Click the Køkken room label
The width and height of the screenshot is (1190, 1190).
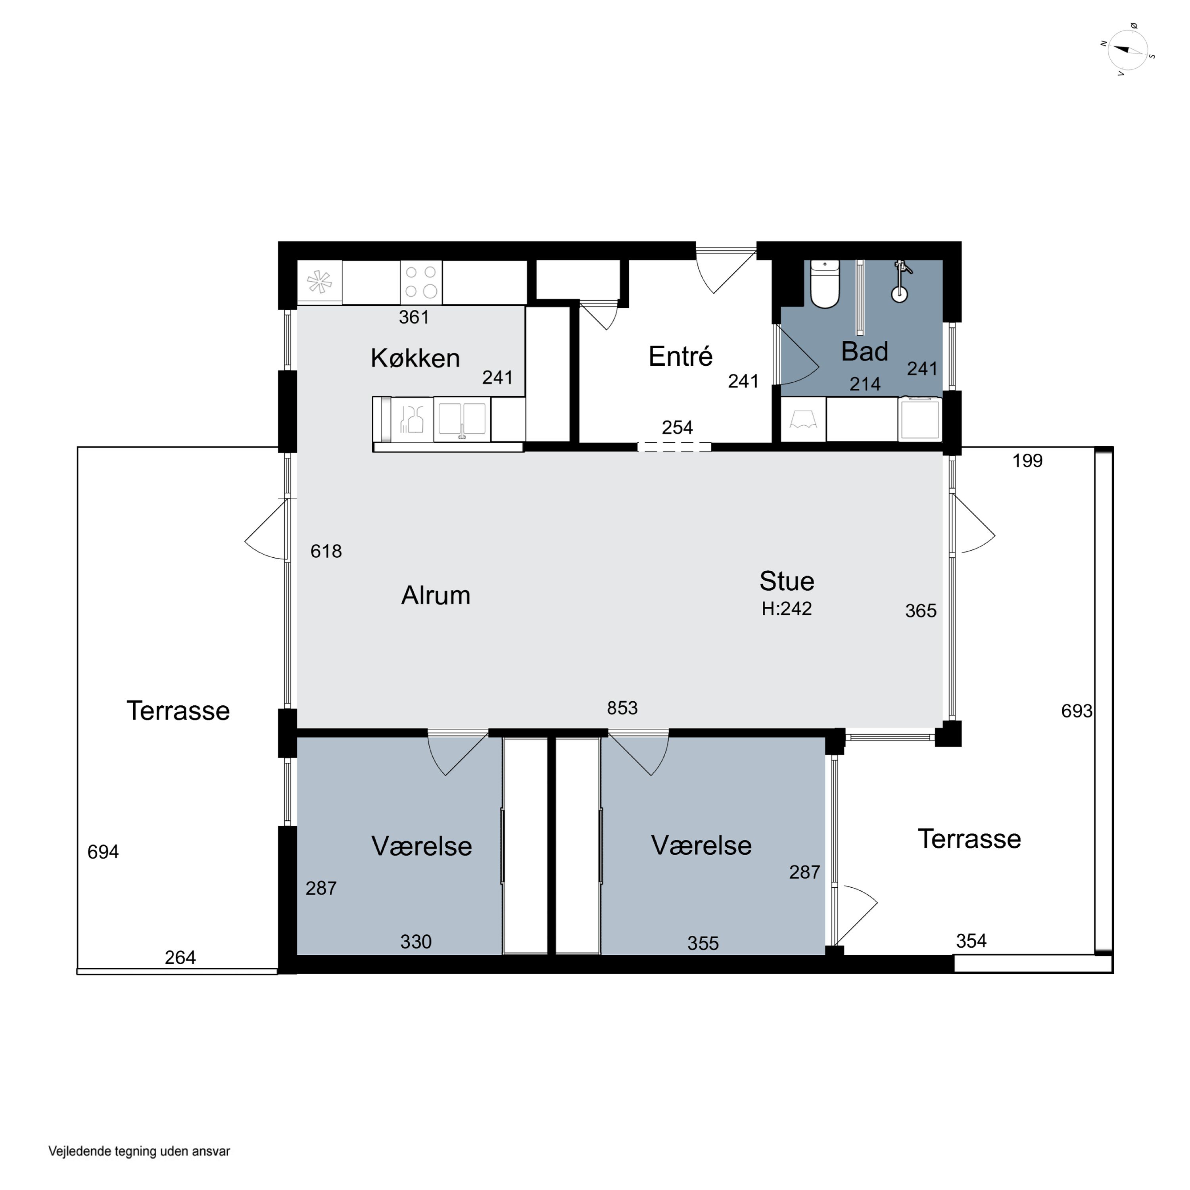click(x=415, y=358)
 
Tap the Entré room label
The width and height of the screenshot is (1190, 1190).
click(x=681, y=356)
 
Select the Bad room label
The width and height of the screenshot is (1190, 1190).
click(x=865, y=352)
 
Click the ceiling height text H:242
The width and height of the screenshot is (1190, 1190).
click(x=787, y=608)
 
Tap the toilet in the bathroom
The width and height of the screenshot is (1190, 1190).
click(x=825, y=283)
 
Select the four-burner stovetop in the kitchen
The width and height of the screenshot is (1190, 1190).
click(x=421, y=282)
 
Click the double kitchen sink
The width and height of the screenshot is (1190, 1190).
click(x=462, y=419)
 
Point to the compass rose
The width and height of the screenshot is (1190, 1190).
click(x=1128, y=50)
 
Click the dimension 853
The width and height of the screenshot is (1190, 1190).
click(x=622, y=708)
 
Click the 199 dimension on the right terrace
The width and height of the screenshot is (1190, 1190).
click(x=1027, y=460)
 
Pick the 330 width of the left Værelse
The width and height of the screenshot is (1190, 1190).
click(x=416, y=941)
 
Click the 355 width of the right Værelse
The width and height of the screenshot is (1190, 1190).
click(x=703, y=943)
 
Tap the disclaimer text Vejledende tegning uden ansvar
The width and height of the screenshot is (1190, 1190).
click(x=139, y=1151)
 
